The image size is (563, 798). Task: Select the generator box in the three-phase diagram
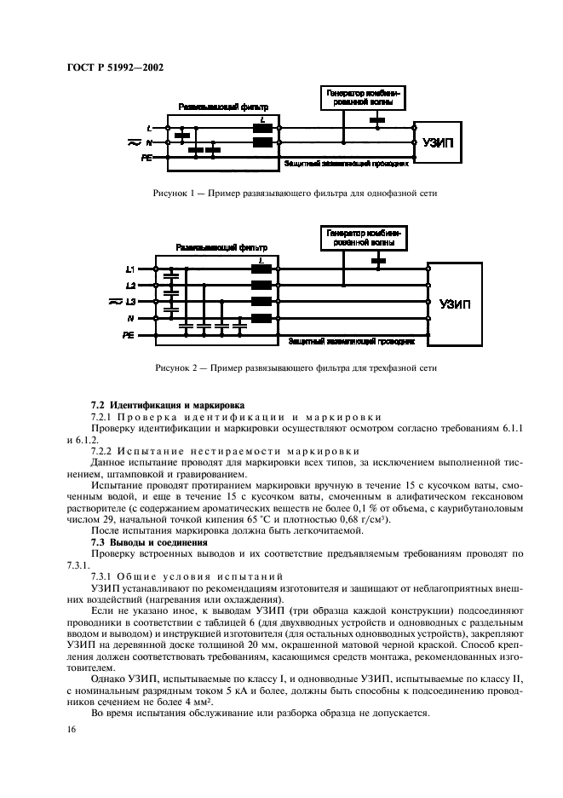(x=364, y=237)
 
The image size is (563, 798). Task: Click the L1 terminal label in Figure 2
(x=130, y=269)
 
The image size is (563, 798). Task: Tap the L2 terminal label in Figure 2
(x=130, y=286)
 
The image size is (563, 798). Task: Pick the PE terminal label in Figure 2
(x=129, y=336)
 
